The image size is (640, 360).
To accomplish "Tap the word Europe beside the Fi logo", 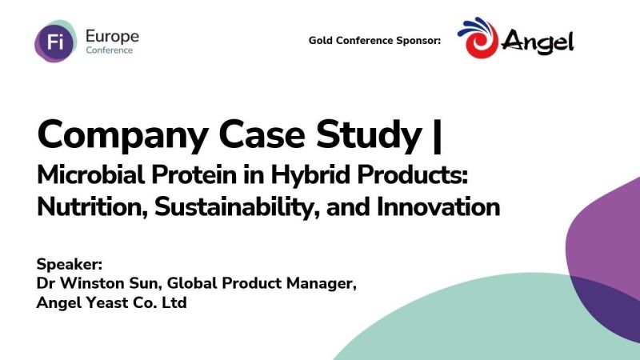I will click(111, 36).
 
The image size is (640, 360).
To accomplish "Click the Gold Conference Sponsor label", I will click(374, 41).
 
